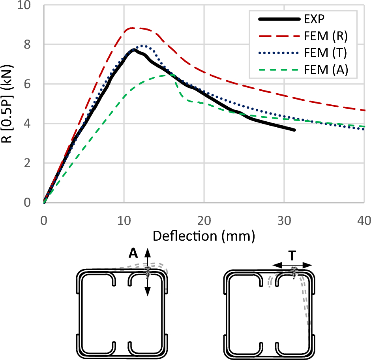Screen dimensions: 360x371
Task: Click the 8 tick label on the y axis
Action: point(33,45)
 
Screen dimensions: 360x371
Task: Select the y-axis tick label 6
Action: point(33,84)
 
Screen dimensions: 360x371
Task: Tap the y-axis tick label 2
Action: point(33,163)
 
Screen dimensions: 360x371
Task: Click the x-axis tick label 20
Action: point(204,220)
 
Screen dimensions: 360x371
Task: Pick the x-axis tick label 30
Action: point(284,220)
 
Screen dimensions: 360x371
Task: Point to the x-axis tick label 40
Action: point(364,220)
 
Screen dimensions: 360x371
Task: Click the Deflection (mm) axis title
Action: point(204,236)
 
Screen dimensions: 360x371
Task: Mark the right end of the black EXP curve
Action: point(294,130)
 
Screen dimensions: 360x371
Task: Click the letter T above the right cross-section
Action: point(292,256)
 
